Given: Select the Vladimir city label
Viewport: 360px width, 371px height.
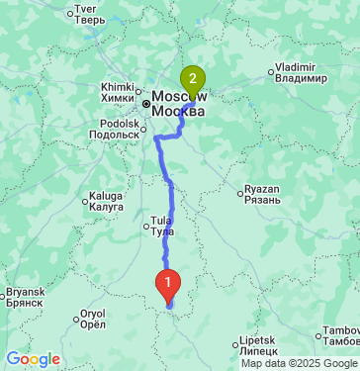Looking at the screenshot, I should (x=301, y=72).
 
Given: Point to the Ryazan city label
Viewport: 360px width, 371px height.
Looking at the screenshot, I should (x=263, y=196).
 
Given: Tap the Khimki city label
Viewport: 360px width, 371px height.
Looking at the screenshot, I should (x=117, y=92).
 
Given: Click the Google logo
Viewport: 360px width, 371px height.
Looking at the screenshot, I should (x=33, y=358).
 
